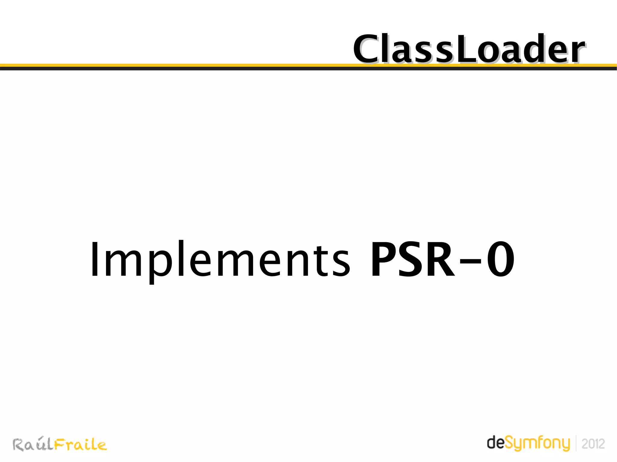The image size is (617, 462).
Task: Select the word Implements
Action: point(220,259)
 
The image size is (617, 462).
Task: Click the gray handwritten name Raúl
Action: point(33,445)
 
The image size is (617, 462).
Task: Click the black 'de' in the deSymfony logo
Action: point(495,443)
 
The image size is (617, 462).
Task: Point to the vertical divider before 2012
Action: point(576,443)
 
